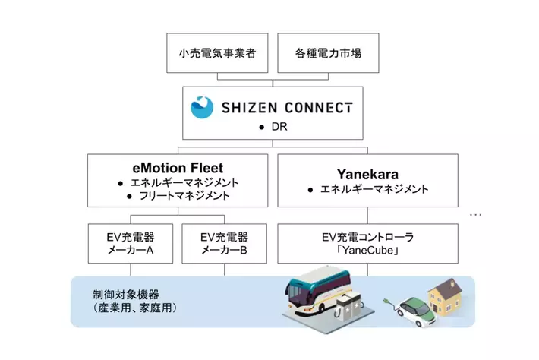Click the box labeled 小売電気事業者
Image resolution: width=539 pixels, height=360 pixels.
(217, 54)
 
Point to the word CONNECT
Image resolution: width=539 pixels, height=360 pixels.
(320, 108)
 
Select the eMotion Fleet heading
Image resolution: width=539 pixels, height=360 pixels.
(177, 166)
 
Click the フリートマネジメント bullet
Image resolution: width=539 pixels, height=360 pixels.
(181, 196)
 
